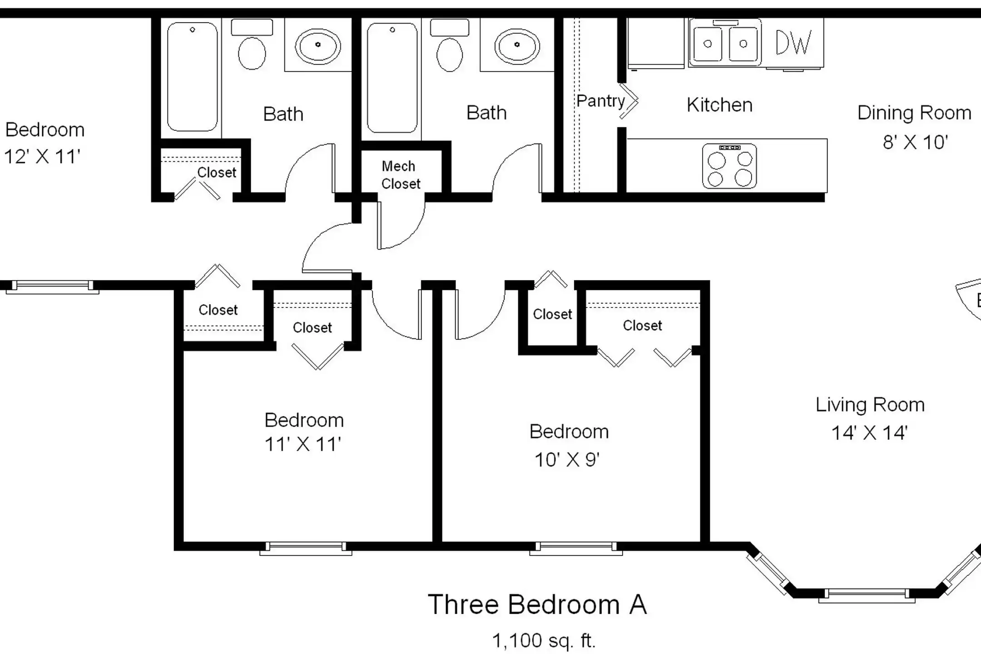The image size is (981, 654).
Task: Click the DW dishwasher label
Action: coord(793,43)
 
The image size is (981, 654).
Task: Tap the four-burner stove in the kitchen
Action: coord(729,166)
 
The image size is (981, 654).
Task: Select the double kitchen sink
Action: coord(725,44)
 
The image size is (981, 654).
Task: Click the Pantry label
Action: coord(600,101)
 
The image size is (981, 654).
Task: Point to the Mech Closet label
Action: coord(401,175)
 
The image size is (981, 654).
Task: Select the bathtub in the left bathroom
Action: coord(192,77)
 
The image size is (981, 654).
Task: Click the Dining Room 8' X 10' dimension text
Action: coord(915,142)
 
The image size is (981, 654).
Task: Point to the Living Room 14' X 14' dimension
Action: coord(869,433)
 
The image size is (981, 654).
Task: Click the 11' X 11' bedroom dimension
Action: coord(302,444)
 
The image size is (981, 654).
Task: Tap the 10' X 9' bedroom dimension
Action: coord(567,460)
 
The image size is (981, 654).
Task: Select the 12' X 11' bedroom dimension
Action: coord(42,157)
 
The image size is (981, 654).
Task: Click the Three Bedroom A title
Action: coord(537,604)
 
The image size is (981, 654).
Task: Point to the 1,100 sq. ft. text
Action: coord(544,641)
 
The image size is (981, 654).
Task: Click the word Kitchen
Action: coord(719,105)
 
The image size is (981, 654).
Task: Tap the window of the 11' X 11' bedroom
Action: coord(306,548)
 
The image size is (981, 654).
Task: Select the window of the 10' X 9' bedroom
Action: coord(576,548)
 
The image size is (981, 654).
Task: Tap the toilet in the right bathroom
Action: coord(450,45)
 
